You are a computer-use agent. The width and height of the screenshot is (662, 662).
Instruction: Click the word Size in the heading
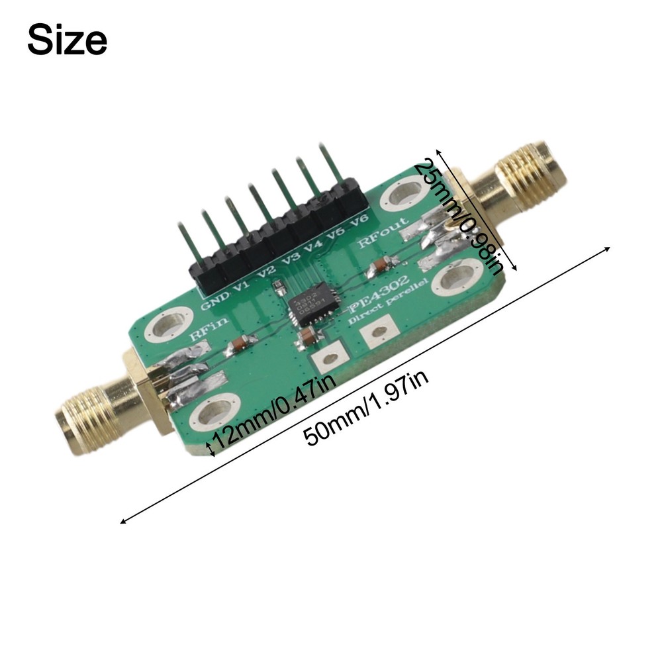click(67, 41)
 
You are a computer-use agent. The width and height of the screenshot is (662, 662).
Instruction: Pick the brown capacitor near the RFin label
click(241, 344)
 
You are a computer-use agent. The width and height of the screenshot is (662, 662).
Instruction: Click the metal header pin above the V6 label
click(333, 165)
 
